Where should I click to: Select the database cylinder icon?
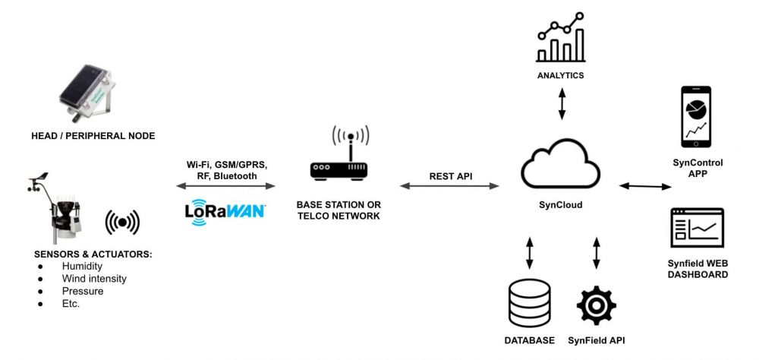529,305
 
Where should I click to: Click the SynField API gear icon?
596,305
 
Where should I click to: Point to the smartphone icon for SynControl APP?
697,118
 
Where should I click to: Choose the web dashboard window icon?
697,228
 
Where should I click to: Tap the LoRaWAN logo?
225,210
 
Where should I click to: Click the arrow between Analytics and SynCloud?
562,103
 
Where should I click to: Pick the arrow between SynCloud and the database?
529,253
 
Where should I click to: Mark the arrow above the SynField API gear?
596,253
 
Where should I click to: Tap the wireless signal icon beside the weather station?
123,222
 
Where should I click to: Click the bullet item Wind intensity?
95,279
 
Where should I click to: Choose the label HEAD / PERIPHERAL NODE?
93,136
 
